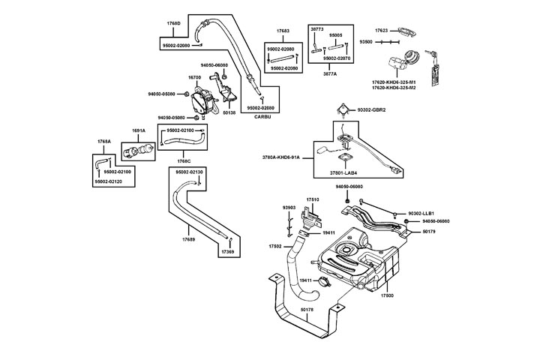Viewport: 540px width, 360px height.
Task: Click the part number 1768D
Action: pos(173,23)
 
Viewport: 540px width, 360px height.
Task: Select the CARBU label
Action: pos(262,118)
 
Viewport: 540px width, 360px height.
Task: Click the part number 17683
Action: pos(283,31)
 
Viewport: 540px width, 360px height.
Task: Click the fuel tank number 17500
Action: pos(388,296)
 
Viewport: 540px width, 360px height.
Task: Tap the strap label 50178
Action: pos(307,309)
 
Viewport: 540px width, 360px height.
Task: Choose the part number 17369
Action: pos(227,252)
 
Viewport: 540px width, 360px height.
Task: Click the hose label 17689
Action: pos(187,239)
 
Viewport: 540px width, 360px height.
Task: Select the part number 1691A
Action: pos(139,130)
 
